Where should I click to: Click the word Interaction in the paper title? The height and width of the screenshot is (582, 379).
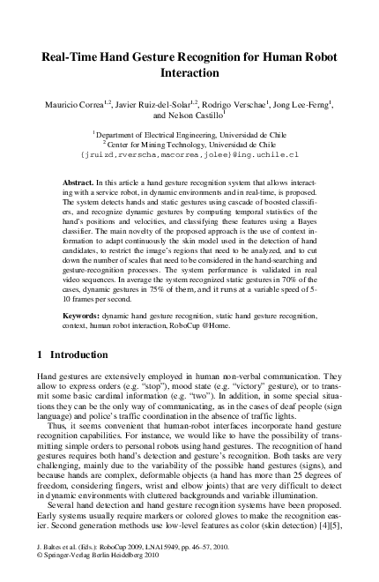pos(189,74)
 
